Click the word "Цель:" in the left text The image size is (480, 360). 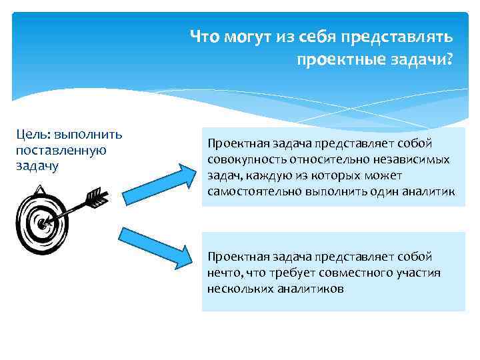click(31, 135)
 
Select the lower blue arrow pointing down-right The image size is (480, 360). click(159, 245)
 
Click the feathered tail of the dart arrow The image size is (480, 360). click(96, 197)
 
